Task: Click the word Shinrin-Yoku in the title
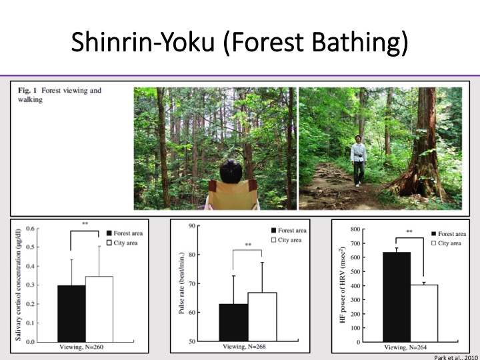[143, 41]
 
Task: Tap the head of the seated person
[231, 171]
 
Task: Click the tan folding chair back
[233, 194]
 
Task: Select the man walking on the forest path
[359, 161]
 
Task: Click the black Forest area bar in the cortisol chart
[71, 313]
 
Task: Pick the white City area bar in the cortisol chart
[99, 309]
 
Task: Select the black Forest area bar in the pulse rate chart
[233, 323]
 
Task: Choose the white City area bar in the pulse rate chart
[263, 317]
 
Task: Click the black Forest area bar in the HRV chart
[397, 297]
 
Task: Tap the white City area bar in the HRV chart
[424, 313]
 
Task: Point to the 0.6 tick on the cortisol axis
[30, 229]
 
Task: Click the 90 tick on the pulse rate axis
[192, 225]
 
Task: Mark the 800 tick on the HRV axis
[355, 229]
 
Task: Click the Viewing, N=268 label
[244, 347]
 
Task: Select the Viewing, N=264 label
[405, 347]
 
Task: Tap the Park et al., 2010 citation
[455, 357]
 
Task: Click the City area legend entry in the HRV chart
[446, 243]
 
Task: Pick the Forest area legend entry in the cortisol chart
[124, 233]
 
